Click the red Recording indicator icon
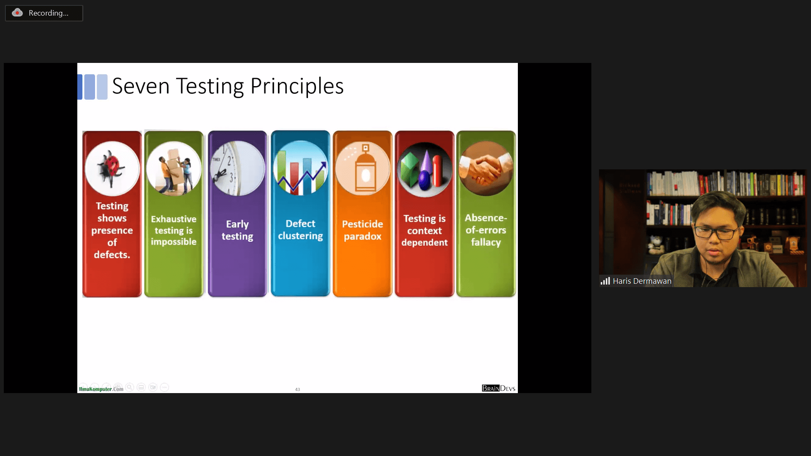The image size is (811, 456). tap(17, 13)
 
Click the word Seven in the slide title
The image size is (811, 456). tap(141, 86)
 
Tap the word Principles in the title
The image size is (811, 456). tap(297, 87)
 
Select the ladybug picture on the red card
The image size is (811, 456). tap(112, 168)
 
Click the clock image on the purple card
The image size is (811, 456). tap(237, 168)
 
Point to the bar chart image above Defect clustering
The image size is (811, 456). tap(300, 168)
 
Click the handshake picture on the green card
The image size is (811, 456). tap(486, 168)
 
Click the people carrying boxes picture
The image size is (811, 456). tap(174, 168)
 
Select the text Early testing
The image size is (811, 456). tap(237, 230)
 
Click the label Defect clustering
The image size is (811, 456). tap(300, 230)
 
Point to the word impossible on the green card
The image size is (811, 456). tap(174, 242)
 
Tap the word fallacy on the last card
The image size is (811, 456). tap(486, 242)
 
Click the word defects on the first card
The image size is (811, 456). tap(112, 255)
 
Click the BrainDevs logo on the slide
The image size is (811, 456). tap(498, 388)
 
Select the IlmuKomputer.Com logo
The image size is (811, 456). tap(101, 389)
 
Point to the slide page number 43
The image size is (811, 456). tap(297, 389)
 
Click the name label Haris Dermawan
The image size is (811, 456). tap(642, 281)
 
